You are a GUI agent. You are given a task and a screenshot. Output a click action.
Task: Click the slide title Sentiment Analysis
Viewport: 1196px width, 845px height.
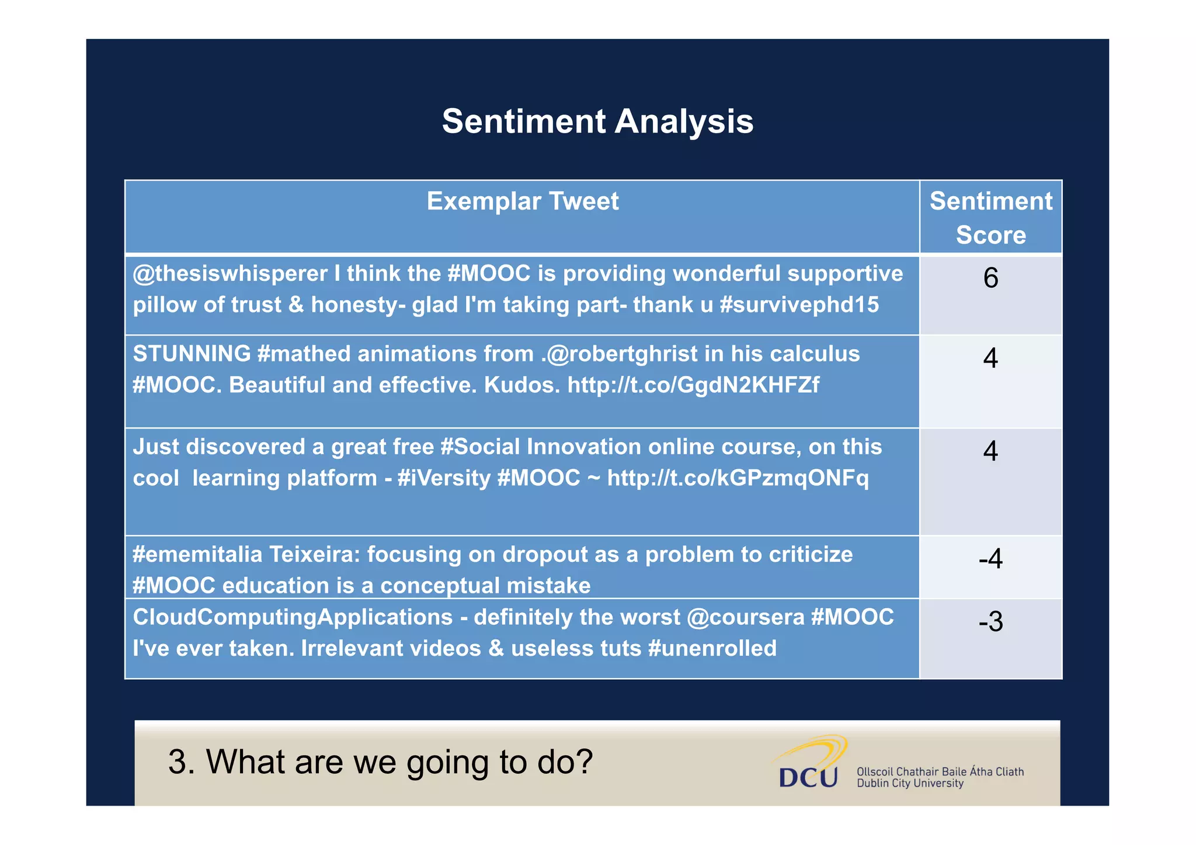click(597, 121)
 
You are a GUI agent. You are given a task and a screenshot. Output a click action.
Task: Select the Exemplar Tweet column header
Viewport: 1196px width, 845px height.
click(522, 201)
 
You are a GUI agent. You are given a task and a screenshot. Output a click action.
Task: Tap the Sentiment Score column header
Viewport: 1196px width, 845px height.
click(990, 218)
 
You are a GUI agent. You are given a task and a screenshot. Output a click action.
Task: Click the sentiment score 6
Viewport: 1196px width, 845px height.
click(990, 278)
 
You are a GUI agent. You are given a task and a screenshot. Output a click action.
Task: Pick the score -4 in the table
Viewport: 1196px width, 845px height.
click(990, 559)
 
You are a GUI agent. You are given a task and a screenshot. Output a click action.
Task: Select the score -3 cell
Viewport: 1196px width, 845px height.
click(990, 621)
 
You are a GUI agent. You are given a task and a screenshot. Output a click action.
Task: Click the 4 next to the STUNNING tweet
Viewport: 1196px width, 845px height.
click(990, 358)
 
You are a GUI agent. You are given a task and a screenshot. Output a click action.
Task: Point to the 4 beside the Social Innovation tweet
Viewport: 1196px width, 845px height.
click(990, 451)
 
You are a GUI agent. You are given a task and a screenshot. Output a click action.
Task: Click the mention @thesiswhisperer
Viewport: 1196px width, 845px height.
click(230, 274)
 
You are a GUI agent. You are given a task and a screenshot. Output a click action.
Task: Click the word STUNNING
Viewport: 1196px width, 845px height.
click(192, 354)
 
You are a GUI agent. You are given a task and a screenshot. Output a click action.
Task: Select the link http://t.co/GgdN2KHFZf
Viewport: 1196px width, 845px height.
click(693, 385)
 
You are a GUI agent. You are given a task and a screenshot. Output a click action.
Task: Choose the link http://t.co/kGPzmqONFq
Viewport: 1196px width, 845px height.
click(738, 478)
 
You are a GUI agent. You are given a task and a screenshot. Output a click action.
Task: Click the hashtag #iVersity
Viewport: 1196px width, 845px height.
click(443, 478)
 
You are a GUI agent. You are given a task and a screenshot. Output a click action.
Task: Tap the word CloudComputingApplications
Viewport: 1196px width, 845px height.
click(293, 617)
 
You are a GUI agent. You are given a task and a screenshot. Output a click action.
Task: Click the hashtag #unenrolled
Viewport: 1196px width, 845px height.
click(712, 649)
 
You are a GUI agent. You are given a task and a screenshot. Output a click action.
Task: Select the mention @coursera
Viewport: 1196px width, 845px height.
click(745, 617)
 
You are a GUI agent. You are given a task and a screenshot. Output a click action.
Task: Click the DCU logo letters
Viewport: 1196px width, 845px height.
click(808, 777)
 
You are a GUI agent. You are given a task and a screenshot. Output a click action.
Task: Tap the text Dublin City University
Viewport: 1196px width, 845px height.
click(909, 784)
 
